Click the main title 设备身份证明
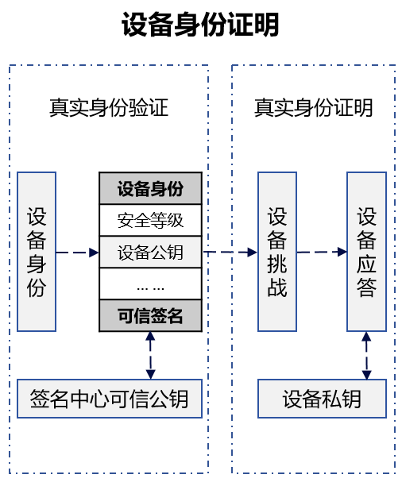[200, 25]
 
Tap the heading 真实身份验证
[109, 107]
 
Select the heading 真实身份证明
[313, 107]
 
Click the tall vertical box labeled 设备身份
[37, 252]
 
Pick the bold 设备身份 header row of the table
[150, 188]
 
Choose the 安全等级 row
[150, 220]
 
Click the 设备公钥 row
[150, 252]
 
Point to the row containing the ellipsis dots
[150, 283]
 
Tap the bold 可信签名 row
[150, 315]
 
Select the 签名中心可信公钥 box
[110, 399]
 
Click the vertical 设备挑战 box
[277, 252]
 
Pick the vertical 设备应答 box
[366, 252]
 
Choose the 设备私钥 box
[322, 399]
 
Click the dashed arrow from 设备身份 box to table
[78, 253]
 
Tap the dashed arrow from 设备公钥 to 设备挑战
[230, 252]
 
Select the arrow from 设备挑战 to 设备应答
[322, 252]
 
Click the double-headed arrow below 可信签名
[150, 355]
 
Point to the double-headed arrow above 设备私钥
[366, 355]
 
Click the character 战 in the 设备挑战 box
[277, 287]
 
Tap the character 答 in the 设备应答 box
[366, 287]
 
